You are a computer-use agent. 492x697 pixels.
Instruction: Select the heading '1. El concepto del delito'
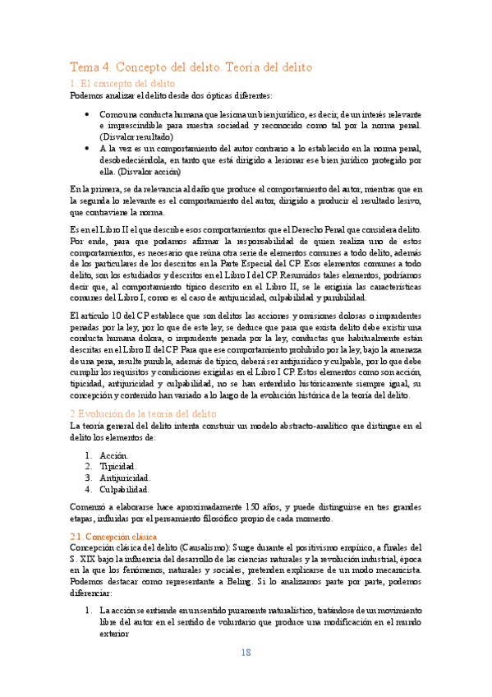coord(122,84)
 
